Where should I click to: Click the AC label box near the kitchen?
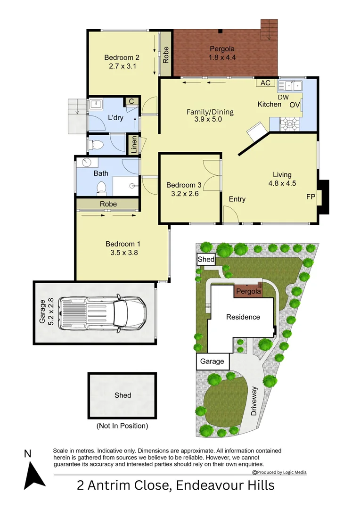point(265,83)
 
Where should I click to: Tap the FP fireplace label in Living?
point(311,197)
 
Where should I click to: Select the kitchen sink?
point(290,86)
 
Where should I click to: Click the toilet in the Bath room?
point(101,189)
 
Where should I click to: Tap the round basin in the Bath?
point(86,163)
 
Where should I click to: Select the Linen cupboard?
point(134,145)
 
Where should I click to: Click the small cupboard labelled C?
point(131,101)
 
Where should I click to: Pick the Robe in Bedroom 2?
point(166,54)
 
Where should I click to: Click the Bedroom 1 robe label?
point(108,204)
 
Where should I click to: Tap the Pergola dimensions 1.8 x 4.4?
point(222,57)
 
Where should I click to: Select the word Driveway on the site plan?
point(254,401)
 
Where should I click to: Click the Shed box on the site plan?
point(206,260)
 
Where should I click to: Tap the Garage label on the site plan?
point(212,361)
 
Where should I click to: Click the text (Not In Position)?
point(122,426)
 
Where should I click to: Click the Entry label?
point(237,199)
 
